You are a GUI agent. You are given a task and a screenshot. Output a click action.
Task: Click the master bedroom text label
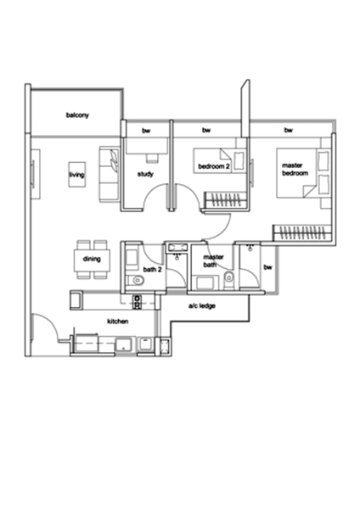tap(293, 170)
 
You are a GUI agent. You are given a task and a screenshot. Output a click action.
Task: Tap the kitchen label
tap(115, 322)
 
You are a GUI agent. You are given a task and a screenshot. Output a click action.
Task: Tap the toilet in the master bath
tap(228, 276)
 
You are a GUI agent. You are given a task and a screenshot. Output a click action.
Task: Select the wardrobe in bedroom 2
tap(226, 201)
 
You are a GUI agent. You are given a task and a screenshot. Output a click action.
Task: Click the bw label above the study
tap(146, 130)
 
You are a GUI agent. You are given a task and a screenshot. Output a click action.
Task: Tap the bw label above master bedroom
tap(287, 130)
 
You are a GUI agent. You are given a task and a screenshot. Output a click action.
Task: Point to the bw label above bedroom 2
tap(206, 130)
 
